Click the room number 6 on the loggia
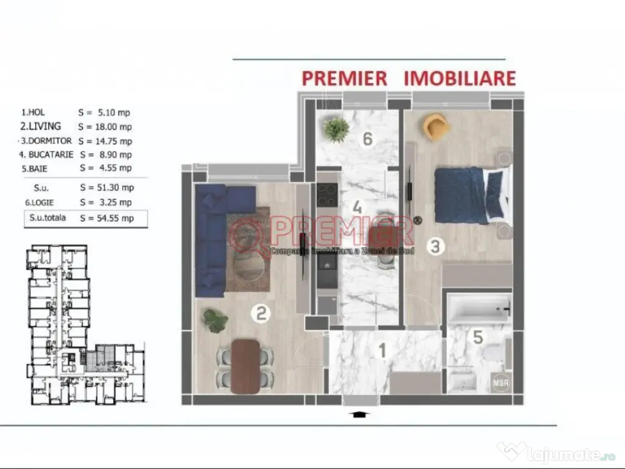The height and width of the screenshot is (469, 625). (367, 139)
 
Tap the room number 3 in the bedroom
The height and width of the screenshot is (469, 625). (435, 247)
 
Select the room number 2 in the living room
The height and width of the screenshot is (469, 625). (261, 314)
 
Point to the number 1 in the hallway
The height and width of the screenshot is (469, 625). (383, 352)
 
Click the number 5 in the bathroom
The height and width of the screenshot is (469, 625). (478, 336)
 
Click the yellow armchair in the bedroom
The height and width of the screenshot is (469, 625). (436, 126)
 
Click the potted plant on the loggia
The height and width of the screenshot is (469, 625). (336, 129)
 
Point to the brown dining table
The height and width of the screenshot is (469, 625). (246, 365)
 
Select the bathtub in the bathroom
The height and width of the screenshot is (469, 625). (479, 309)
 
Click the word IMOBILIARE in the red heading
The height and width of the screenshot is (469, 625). (459, 78)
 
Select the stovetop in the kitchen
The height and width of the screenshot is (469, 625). (327, 195)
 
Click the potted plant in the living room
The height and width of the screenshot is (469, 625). (215, 320)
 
